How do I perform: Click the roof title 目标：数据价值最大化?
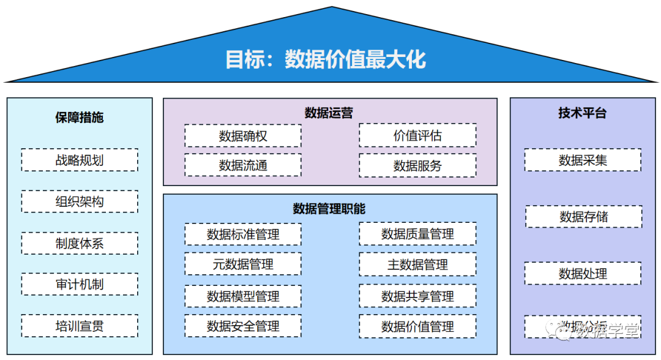point(325,60)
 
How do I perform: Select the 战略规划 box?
point(80,160)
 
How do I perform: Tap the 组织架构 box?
point(80,201)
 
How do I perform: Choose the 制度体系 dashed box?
point(80,243)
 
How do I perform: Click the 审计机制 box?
point(80,284)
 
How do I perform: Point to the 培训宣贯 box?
point(80,326)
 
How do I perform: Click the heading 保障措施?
point(80,117)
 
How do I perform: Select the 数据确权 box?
point(243,136)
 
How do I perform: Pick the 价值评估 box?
point(417,135)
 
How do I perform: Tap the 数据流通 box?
point(243,165)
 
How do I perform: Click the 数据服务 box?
point(417,165)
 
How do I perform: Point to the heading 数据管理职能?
point(329,209)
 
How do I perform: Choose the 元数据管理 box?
point(243,264)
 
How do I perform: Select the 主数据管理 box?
point(417,264)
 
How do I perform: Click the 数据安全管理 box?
point(243,326)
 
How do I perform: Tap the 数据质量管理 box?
point(417,234)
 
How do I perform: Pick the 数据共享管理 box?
point(417,296)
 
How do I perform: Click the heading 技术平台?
point(582,113)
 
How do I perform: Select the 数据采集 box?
point(583,160)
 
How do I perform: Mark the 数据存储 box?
point(583,217)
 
